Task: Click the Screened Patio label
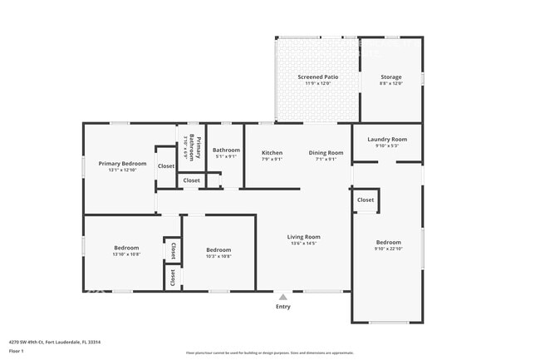318,76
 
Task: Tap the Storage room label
390,76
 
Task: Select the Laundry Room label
387,139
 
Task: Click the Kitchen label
272,153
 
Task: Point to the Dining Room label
326,153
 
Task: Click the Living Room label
304,237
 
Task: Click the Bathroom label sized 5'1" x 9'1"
226,150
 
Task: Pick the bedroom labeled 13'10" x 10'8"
126,249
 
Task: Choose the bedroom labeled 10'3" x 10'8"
218,250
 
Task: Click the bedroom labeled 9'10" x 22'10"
388,243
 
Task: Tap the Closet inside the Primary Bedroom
166,166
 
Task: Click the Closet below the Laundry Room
366,200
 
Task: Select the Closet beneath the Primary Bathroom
191,180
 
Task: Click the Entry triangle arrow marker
283,296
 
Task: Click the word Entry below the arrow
283,307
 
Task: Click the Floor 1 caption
17,352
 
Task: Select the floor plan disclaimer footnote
269,353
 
